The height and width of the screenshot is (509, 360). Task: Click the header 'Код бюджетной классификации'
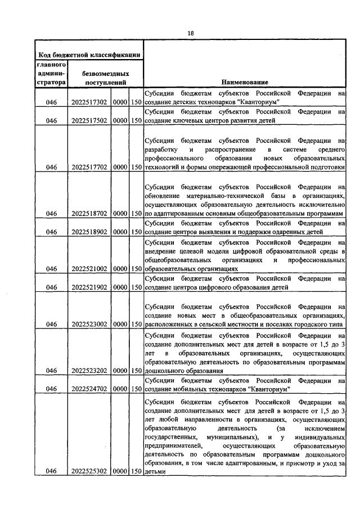coord(89,55)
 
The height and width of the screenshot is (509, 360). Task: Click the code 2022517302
coord(89,103)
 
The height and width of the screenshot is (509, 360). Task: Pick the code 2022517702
coord(89,166)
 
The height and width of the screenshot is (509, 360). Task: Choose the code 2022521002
coord(89,269)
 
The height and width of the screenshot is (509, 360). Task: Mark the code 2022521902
coord(89,287)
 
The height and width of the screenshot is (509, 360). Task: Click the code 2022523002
coord(89,324)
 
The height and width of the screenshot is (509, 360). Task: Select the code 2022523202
coord(89,371)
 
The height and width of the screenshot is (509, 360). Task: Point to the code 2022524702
coord(89,389)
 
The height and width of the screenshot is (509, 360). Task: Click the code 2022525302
coord(89,471)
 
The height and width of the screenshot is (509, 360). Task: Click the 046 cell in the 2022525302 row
coord(52,471)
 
